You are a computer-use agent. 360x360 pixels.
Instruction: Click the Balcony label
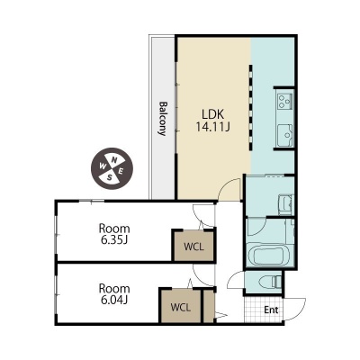click(163, 119)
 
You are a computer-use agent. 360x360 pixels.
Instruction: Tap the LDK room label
click(212, 114)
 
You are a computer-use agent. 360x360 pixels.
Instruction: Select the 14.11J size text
click(212, 127)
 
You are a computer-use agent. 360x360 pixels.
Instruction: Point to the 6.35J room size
click(114, 240)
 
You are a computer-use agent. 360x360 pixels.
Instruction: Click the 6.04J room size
click(114, 300)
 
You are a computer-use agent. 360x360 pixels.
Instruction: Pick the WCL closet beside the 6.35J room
click(193, 247)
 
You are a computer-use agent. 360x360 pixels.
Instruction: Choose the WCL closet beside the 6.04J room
click(181, 307)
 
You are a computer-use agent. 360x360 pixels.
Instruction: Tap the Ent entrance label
click(271, 310)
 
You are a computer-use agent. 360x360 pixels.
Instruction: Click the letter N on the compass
click(114, 160)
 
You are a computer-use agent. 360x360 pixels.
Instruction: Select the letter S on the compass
click(110, 177)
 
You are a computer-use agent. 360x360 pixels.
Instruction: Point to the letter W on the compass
click(103, 166)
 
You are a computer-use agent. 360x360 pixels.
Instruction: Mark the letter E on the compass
click(121, 172)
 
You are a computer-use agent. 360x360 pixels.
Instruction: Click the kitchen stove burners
click(284, 102)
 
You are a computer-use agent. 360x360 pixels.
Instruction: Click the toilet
click(271, 282)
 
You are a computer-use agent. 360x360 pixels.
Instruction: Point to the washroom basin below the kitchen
click(285, 205)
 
